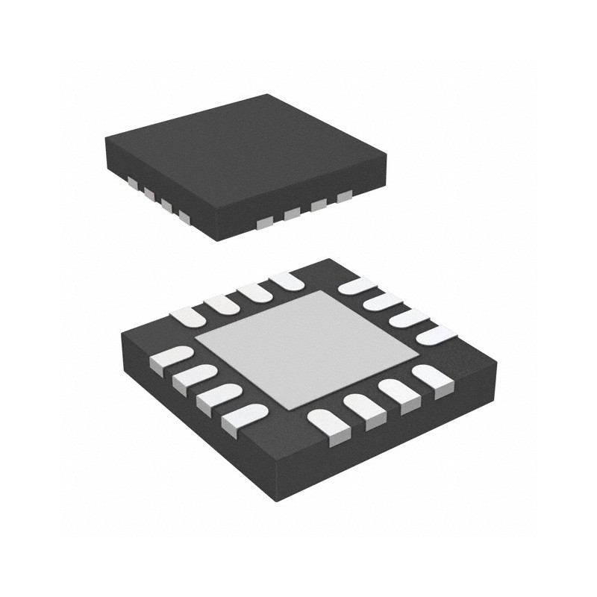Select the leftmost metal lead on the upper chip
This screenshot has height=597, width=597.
click(x=131, y=181)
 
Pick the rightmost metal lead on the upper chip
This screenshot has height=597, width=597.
click(x=344, y=196)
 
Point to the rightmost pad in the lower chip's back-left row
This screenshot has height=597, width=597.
click(x=286, y=282)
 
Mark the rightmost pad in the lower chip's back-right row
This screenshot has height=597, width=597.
click(x=433, y=335)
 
